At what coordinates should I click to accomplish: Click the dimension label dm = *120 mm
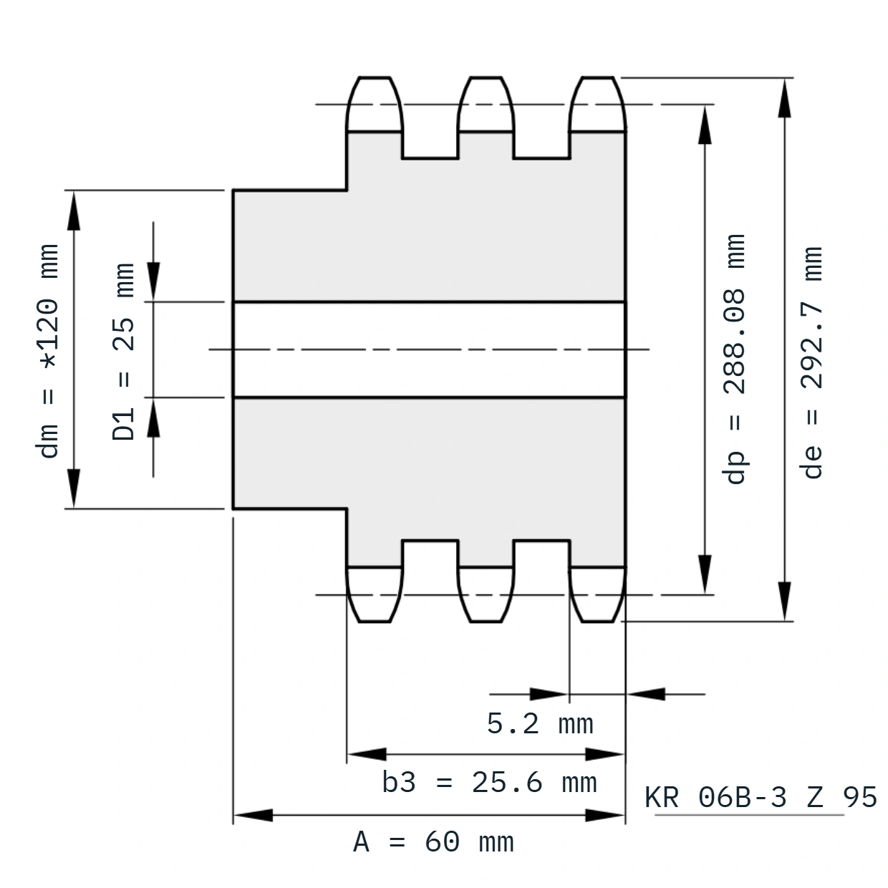47,351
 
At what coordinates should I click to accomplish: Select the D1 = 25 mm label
123,352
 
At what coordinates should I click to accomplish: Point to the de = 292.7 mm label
811,363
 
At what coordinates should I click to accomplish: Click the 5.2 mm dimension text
540,723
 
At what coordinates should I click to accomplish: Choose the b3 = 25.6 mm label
489,783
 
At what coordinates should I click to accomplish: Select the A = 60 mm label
433,842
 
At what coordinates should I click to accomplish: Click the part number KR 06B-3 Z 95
761,797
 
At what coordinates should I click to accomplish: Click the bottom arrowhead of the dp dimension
705,574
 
